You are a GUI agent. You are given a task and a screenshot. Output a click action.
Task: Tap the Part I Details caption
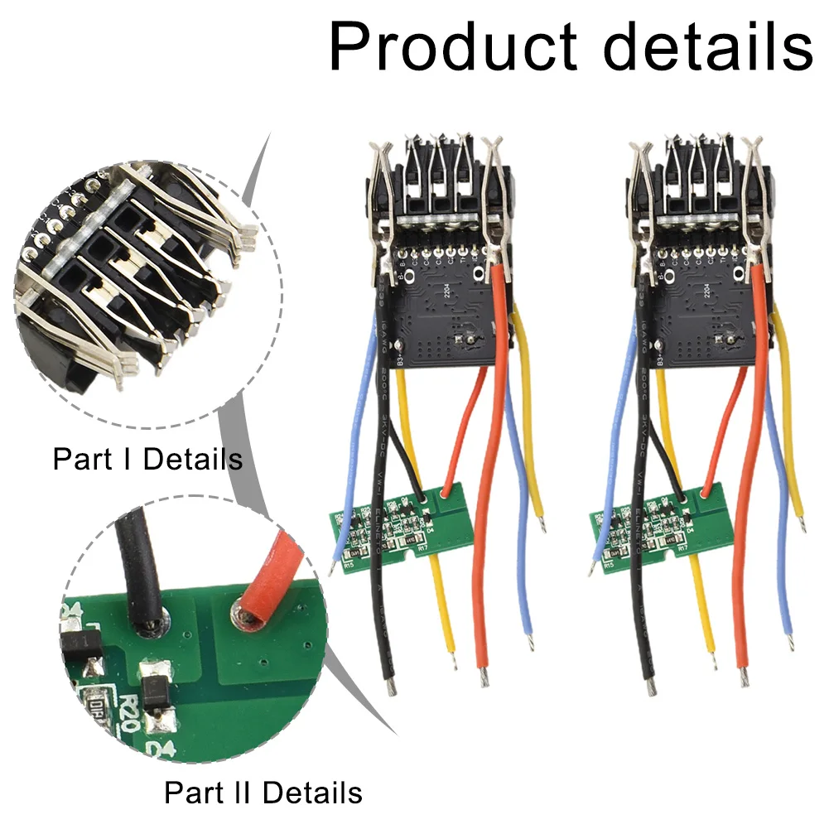[147, 458]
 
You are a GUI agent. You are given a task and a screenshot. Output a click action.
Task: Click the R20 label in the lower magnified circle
[124, 711]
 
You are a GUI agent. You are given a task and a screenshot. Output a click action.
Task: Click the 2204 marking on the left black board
[447, 290]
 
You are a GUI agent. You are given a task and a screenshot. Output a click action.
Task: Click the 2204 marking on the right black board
[707, 290]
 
